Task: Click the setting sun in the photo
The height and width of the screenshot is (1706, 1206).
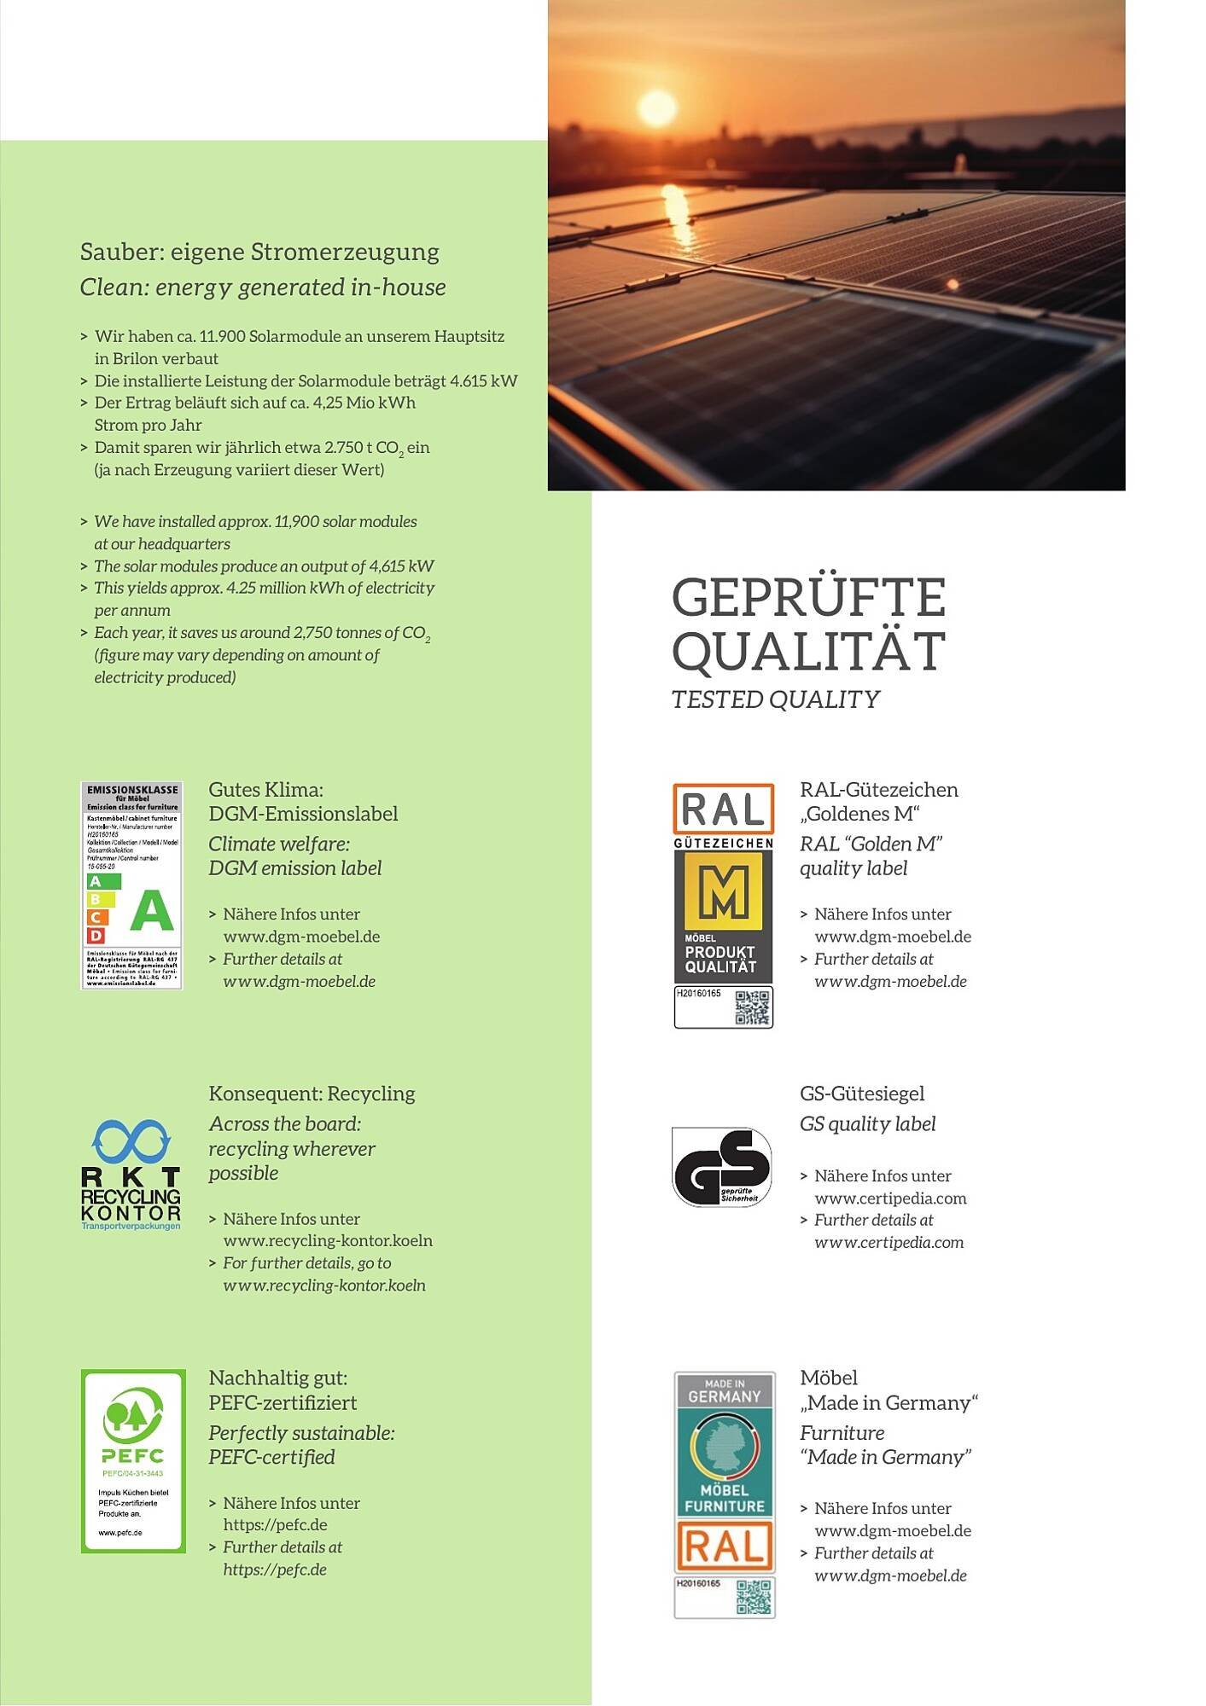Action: pos(656,108)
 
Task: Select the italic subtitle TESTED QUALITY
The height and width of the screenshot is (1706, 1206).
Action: pos(775,699)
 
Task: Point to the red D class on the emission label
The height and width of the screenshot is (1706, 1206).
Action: pos(96,936)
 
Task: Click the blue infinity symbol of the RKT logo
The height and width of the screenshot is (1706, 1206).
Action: pos(131,1141)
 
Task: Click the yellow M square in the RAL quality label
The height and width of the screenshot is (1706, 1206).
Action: pos(723,891)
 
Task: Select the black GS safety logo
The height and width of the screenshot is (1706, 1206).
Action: pos(722,1166)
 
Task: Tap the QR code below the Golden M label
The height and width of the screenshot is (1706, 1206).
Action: pos(752,1007)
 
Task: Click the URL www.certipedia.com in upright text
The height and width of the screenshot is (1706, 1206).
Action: pos(890,1198)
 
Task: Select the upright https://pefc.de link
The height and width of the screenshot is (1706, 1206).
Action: pos(275,1524)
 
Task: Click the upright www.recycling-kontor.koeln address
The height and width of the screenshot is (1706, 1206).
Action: pos(328,1240)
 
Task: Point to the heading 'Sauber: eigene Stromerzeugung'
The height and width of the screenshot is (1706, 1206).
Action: pos(259,252)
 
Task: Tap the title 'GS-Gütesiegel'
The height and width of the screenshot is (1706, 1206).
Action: pos(862,1094)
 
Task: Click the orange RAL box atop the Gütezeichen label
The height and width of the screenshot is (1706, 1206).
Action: pos(723,809)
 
